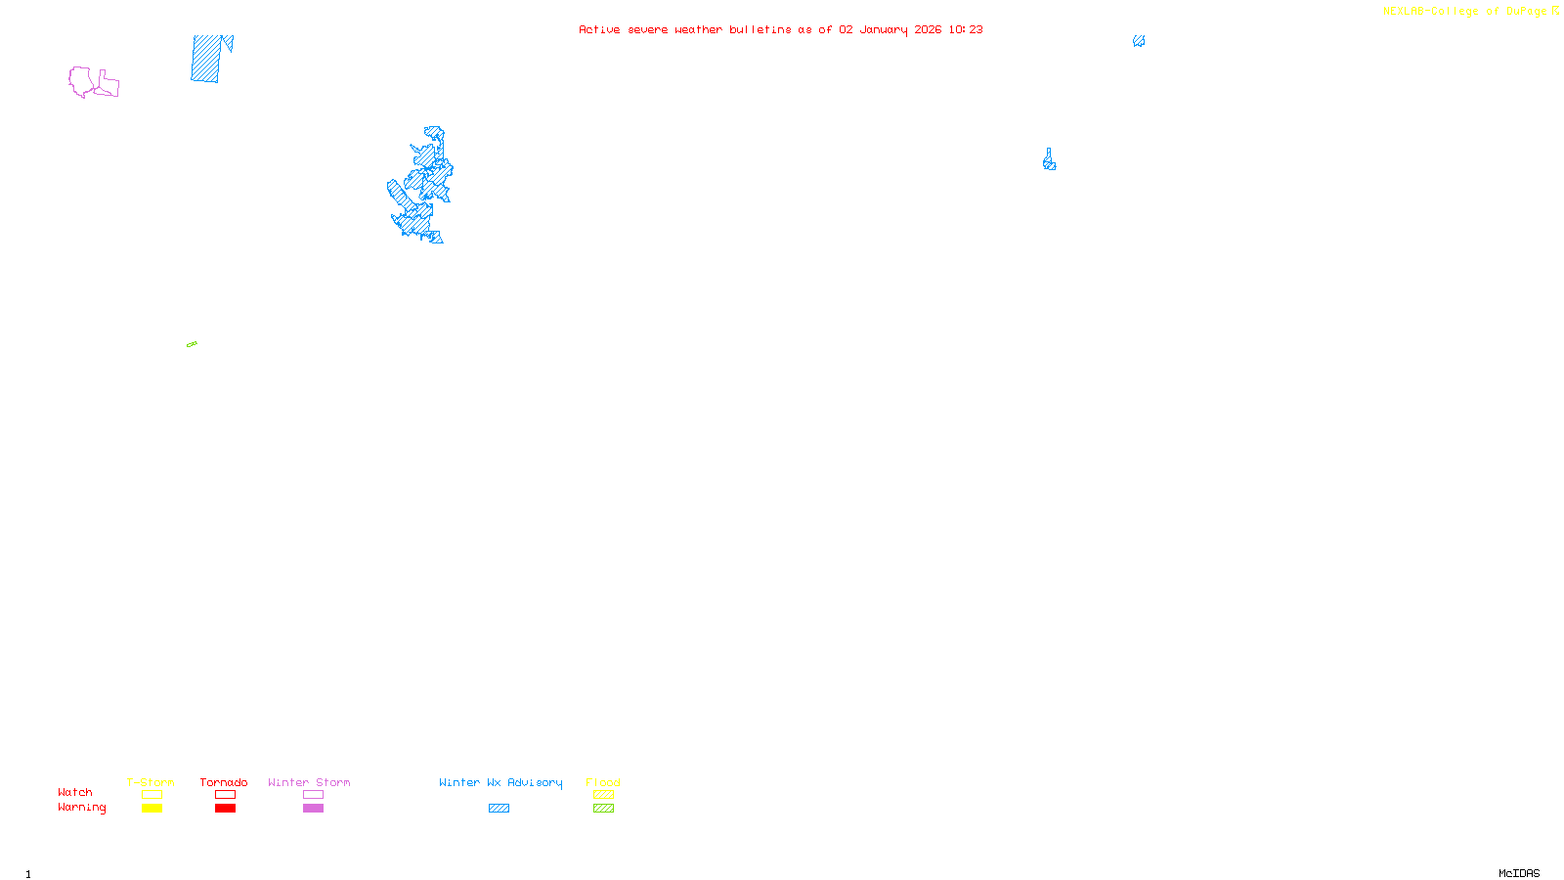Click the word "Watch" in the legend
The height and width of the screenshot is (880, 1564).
[x=75, y=792]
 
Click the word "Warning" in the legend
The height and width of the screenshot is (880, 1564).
[x=82, y=808]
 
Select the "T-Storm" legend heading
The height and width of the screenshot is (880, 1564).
[x=151, y=782]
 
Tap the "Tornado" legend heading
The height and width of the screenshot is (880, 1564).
[x=224, y=782]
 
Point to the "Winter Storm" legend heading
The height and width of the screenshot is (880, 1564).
[x=309, y=782]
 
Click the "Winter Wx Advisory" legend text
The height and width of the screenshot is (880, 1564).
[x=500, y=782]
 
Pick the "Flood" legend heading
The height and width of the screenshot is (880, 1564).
[x=603, y=782]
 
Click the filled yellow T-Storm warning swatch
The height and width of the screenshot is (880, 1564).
[x=152, y=809]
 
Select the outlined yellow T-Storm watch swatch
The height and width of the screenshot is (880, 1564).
[x=152, y=795]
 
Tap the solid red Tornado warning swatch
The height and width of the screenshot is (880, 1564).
[x=225, y=809]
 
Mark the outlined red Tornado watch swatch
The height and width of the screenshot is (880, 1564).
[x=225, y=795]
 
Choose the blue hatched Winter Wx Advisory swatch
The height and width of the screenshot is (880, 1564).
[x=499, y=809]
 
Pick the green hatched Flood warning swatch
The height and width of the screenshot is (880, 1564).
[x=603, y=809]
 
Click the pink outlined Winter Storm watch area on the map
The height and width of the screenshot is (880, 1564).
[x=82, y=80]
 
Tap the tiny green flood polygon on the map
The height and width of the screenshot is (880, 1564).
[x=192, y=344]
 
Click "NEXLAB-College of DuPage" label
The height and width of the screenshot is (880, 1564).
[x=1464, y=12]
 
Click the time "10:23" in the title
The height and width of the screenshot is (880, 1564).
[x=966, y=29]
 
